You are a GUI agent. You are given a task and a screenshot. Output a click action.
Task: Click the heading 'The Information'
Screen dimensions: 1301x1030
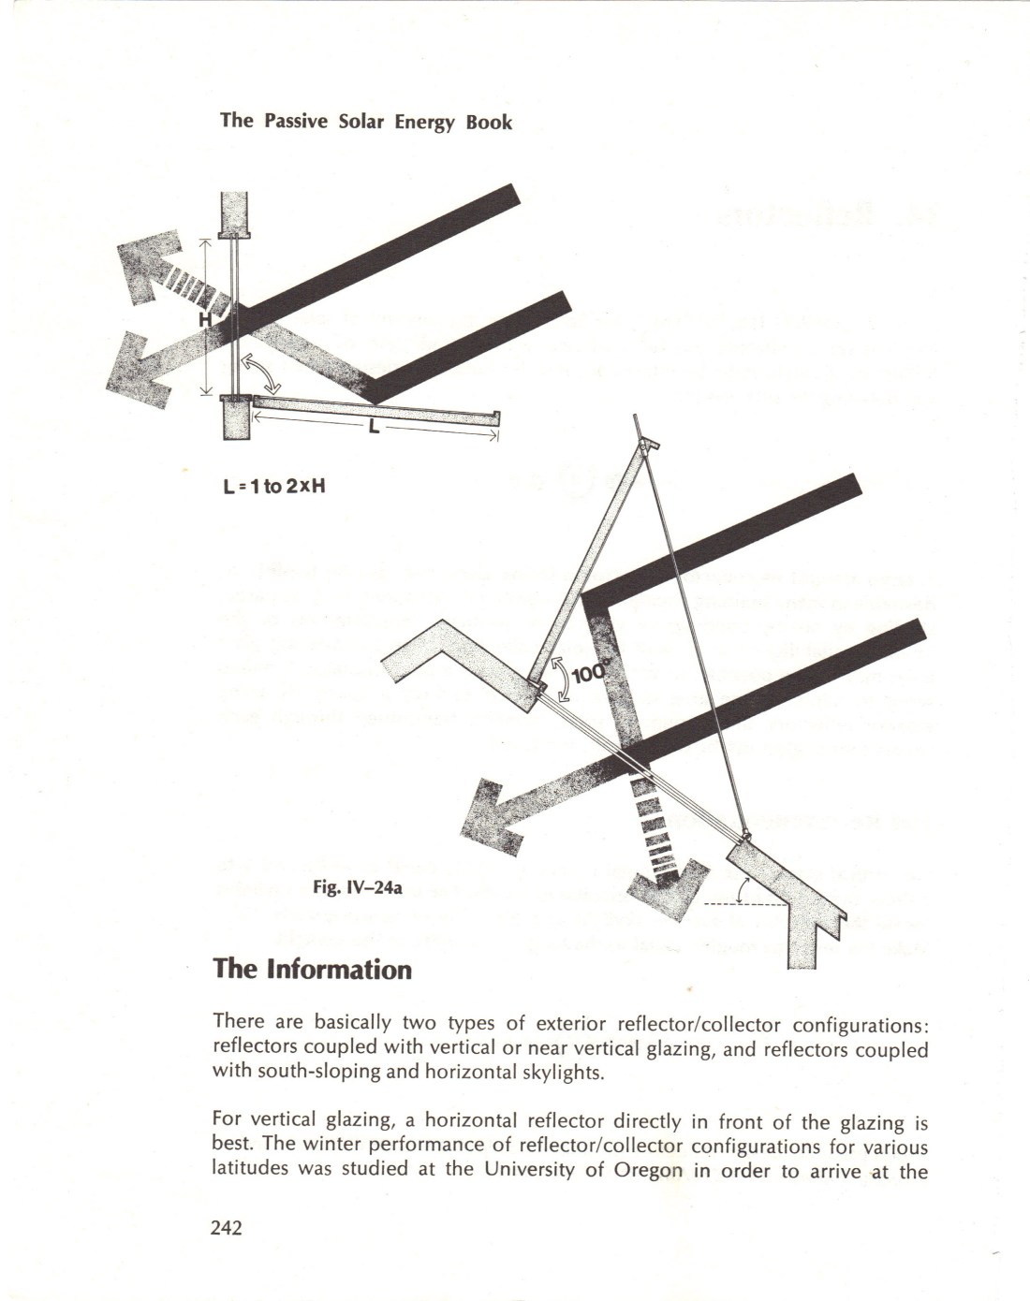312,968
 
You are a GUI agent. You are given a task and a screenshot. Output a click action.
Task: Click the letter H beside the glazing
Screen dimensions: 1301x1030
204,320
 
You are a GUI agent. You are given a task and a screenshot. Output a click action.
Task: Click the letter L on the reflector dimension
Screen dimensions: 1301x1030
374,427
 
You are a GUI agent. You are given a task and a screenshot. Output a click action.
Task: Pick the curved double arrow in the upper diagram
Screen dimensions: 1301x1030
261,374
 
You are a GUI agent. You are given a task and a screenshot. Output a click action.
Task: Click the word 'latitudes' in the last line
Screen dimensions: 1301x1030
250,1170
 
